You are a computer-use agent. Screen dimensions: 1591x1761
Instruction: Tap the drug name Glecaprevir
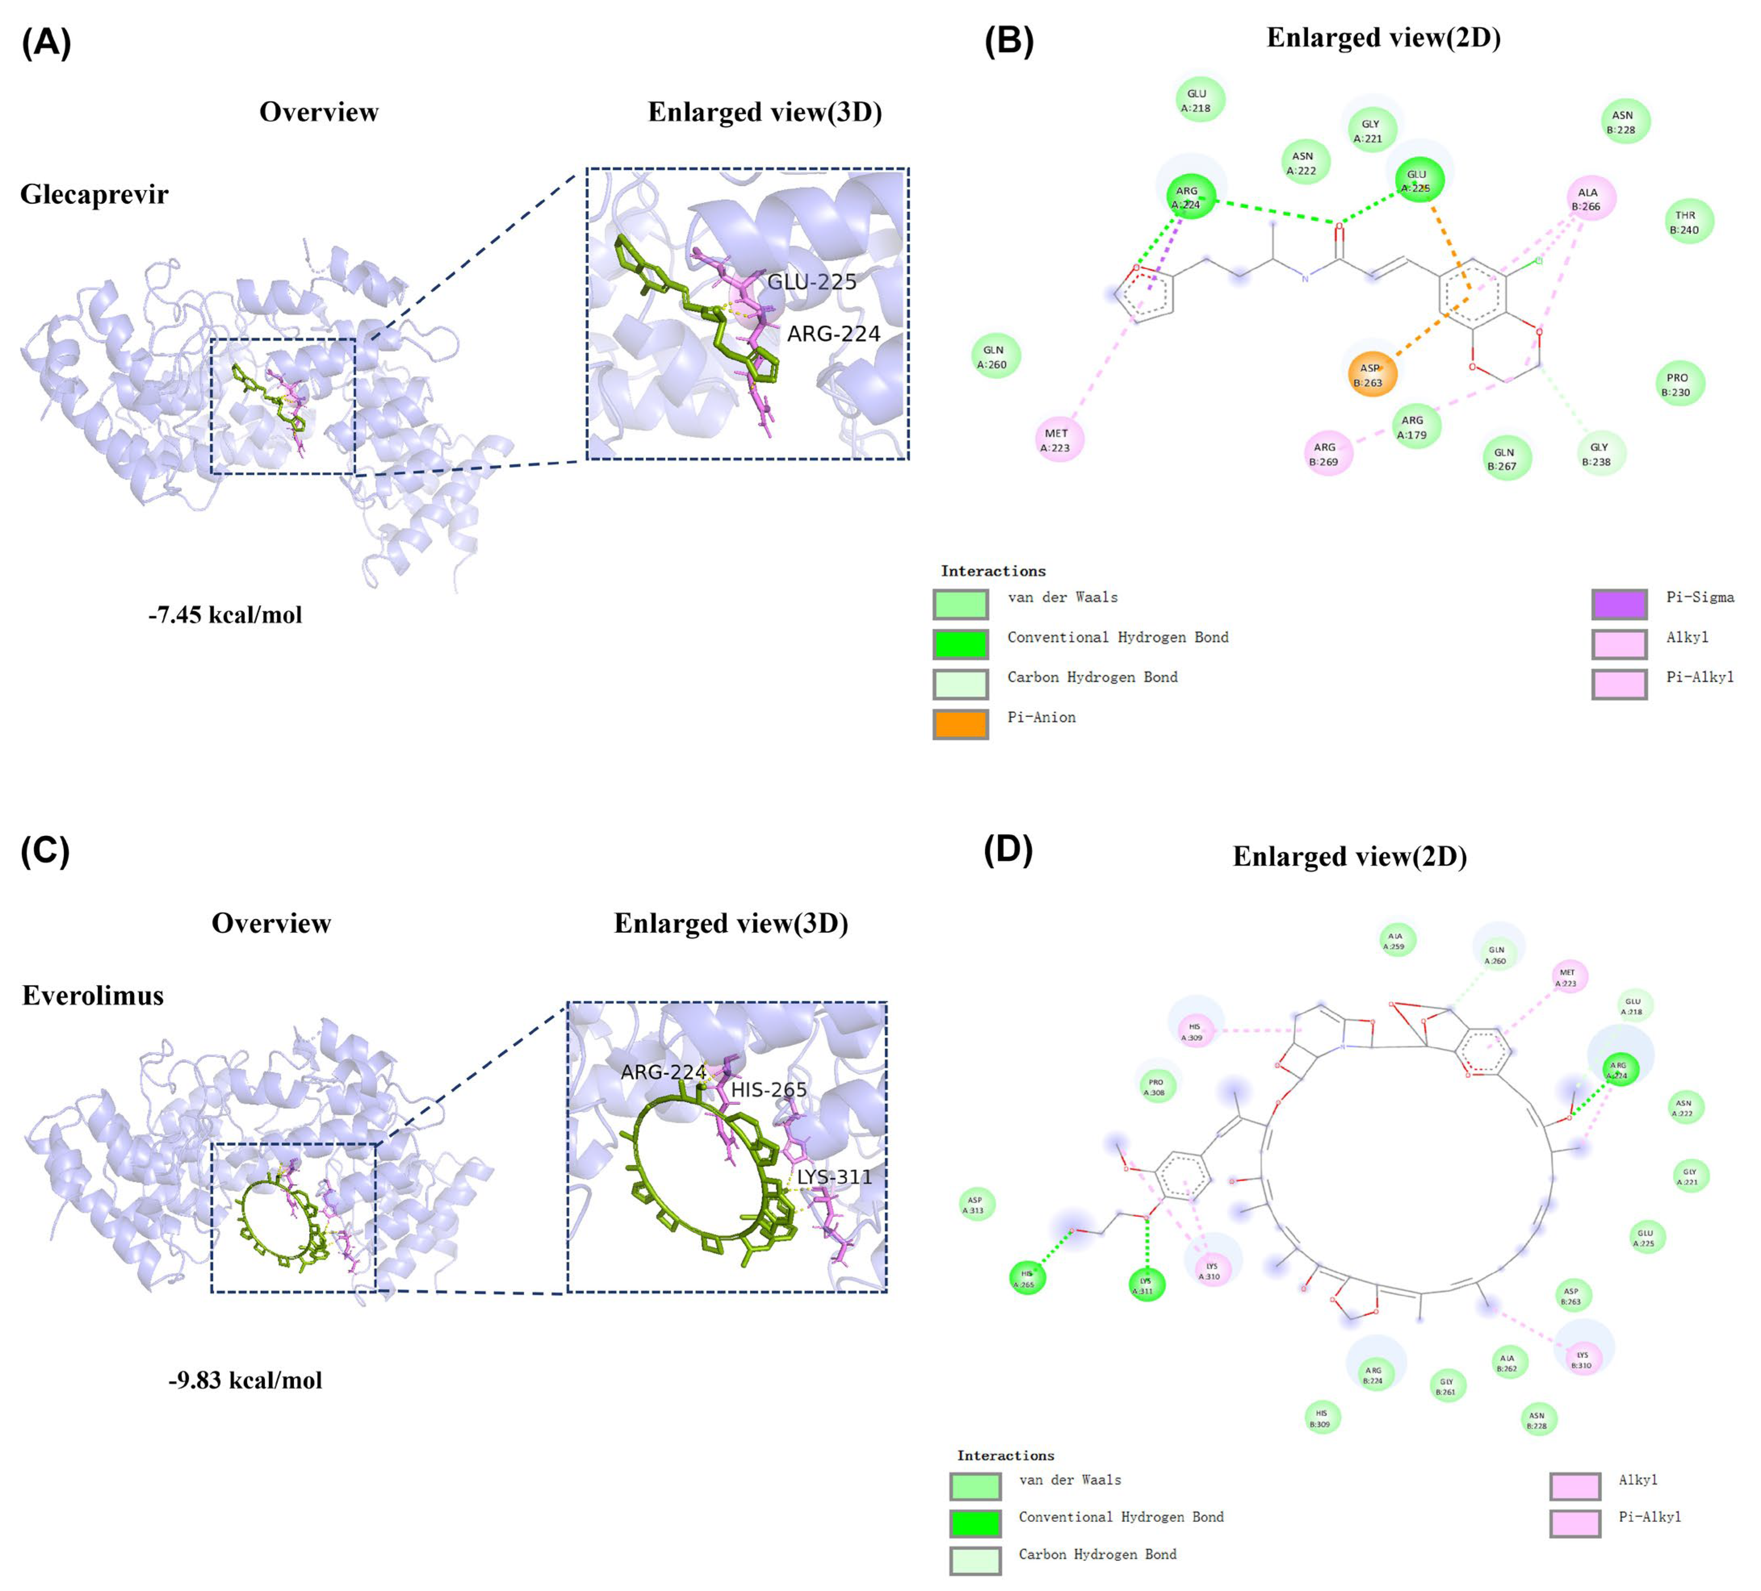(x=94, y=194)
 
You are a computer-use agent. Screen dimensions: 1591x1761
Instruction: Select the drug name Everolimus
(x=92, y=995)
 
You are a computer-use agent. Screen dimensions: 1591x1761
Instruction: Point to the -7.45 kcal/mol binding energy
(x=225, y=615)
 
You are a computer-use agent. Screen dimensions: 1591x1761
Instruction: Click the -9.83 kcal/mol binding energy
(x=245, y=1380)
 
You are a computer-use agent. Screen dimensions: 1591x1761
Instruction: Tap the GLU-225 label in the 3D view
(x=812, y=281)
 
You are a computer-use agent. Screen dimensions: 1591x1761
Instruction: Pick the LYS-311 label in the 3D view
(x=834, y=1177)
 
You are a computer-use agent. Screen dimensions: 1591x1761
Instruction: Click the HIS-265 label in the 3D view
(x=768, y=1089)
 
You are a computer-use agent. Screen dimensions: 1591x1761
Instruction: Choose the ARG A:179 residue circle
(x=1415, y=426)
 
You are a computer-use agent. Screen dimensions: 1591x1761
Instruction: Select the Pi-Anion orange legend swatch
(x=960, y=723)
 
